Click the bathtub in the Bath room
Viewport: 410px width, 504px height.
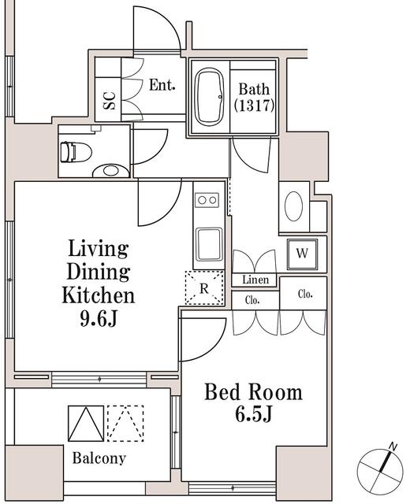tap(209, 96)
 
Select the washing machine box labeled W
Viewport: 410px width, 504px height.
tap(302, 254)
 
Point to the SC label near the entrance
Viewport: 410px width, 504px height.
tap(110, 100)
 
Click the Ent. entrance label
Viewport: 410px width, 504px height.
tap(162, 84)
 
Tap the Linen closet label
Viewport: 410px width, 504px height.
tap(255, 280)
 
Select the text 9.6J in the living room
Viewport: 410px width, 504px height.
tap(99, 320)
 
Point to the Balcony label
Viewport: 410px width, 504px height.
tap(99, 458)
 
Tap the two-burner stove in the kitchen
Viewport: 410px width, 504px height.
tap(207, 201)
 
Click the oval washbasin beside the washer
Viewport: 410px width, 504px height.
tap(293, 207)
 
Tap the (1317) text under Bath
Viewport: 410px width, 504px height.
tap(254, 105)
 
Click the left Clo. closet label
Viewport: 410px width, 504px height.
tap(253, 301)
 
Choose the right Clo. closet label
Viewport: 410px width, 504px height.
tap(304, 294)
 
